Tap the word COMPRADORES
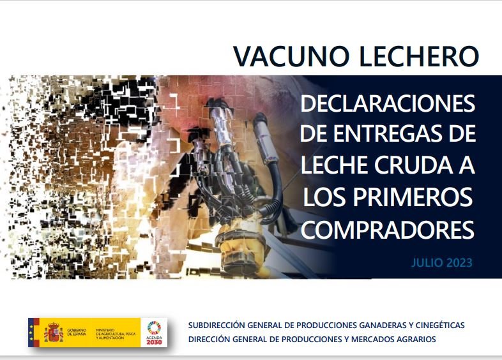[388, 229]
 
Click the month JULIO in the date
[425, 262]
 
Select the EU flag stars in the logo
[34, 332]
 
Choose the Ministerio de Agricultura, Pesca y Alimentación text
[116, 332]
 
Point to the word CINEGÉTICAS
[436, 325]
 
